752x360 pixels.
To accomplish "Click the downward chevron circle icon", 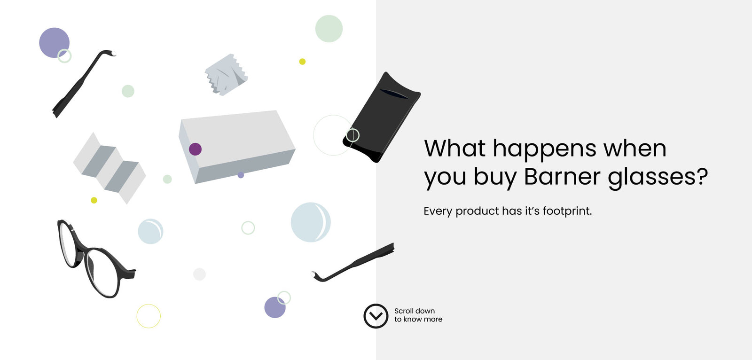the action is coord(376,316).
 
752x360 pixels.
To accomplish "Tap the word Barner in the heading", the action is coord(562,176).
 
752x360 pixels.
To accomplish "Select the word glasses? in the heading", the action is coord(658,178).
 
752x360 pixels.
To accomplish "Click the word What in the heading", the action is coord(454,148).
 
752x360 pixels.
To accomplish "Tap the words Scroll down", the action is coord(415,311).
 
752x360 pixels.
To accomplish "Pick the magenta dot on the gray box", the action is coord(195,149).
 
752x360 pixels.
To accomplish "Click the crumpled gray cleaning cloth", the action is coord(226,75).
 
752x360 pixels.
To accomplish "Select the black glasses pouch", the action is coord(381,117).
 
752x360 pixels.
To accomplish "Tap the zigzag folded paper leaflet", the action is coord(110,168).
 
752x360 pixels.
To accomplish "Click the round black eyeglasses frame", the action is coord(95,258).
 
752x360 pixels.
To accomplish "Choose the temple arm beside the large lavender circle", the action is coord(84,84).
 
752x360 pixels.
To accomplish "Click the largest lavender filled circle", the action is coord(55,43).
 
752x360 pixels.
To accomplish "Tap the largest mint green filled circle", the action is coord(329,29).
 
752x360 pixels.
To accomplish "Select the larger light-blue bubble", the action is coord(311,222).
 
